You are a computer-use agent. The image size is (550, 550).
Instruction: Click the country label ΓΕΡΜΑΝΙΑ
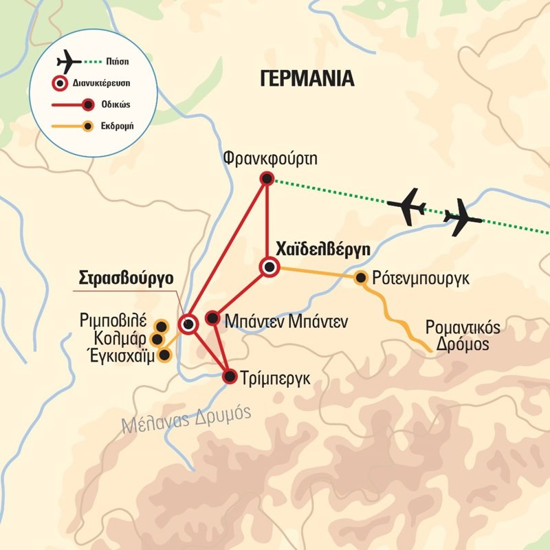307,78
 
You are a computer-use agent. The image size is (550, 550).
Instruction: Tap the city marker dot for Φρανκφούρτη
267,179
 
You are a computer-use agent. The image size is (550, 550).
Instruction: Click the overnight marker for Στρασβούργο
188,323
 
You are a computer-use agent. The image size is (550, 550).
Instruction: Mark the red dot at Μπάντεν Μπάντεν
213,318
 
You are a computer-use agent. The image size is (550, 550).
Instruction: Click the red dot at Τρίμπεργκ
230,376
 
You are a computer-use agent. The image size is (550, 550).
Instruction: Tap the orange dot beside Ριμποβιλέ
162,325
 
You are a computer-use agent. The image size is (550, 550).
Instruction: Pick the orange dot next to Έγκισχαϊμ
164,355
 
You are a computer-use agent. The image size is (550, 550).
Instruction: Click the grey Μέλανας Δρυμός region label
186,419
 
